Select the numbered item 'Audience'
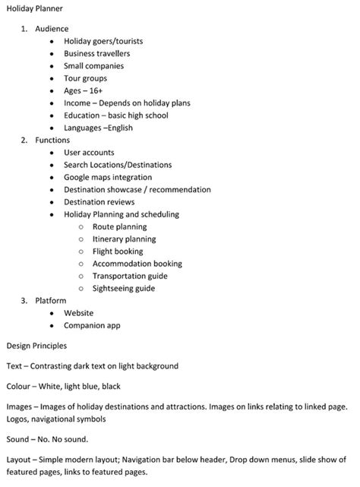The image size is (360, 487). click(52, 29)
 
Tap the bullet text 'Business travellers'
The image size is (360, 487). click(96, 54)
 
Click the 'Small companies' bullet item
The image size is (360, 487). click(93, 66)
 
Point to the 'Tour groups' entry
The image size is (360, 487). click(85, 78)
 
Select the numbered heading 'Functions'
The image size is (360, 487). click(52, 140)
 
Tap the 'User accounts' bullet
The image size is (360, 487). click(89, 153)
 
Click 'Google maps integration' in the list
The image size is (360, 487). click(108, 177)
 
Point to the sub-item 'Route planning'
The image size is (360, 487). click(119, 226)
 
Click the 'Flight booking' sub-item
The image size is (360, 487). click(118, 251)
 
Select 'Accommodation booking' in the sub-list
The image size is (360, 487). click(137, 264)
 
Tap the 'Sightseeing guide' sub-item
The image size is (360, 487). click(124, 288)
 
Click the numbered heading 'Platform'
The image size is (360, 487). click(51, 301)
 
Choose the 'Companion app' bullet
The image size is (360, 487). click(92, 325)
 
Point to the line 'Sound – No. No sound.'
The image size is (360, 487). click(46, 438)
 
